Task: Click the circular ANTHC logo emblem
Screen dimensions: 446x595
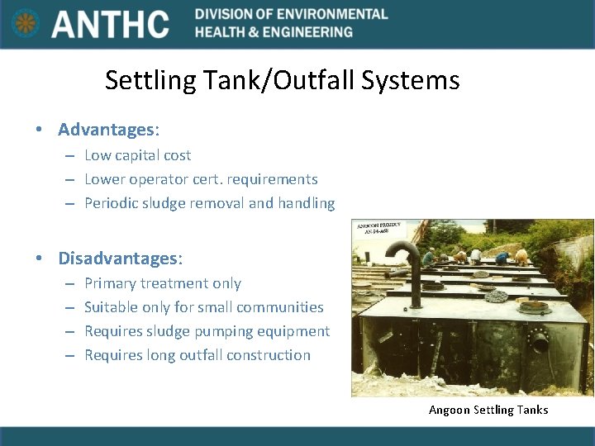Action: point(26,23)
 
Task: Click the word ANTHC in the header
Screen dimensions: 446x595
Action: point(110,24)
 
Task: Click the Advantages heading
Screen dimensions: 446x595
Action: point(107,130)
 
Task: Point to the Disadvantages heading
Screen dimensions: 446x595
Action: point(119,258)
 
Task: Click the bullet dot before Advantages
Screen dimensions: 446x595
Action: point(38,130)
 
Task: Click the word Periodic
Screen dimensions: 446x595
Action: point(112,203)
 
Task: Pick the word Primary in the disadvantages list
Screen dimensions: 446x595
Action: point(112,283)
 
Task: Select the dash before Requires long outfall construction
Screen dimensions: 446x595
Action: point(70,355)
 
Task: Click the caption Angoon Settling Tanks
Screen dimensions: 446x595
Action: point(488,410)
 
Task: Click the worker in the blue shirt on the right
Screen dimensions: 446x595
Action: point(501,258)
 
